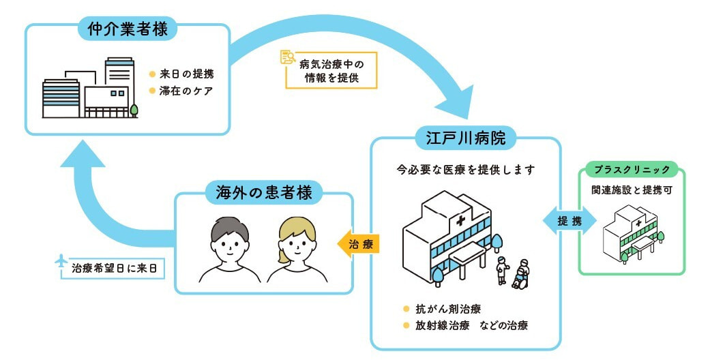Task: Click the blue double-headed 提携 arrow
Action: click(x=570, y=222)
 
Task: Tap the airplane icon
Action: click(x=61, y=260)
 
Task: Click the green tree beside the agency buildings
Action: click(x=134, y=109)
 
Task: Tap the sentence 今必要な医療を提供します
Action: click(x=465, y=168)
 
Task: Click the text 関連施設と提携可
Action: click(x=632, y=190)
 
